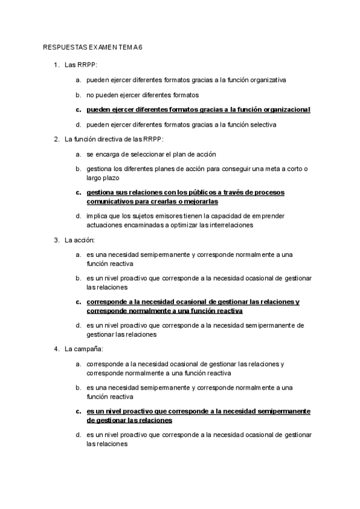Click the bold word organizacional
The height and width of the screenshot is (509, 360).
click(x=281, y=110)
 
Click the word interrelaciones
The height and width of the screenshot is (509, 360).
click(x=222, y=225)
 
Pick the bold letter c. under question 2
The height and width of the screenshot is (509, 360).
click(x=78, y=193)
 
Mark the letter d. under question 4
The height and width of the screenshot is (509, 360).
click(x=78, y=434)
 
